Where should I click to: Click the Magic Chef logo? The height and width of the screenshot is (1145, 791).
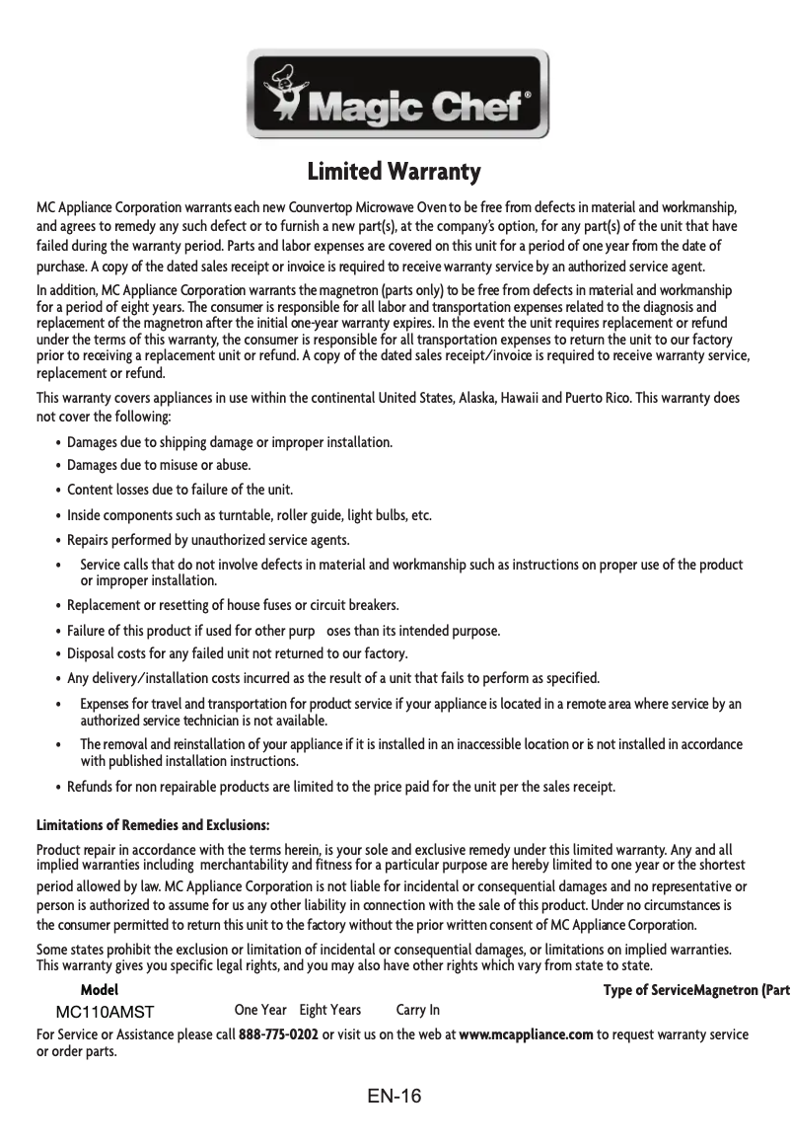pos(396,96)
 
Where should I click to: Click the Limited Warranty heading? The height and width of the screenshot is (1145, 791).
pos(395,172)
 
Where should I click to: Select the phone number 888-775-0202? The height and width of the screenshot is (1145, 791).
pos(278,1034)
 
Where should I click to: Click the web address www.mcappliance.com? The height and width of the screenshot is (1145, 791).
pos(526,1034)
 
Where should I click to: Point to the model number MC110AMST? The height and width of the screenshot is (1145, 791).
pos(105,1012)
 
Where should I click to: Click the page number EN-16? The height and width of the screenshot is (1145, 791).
pos(395,1096)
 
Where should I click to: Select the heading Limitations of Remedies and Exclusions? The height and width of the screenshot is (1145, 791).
pos(153,824)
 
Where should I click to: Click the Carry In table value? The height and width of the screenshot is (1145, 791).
pos(417,1010)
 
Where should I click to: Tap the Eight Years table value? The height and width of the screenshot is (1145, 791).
pos(329,1010)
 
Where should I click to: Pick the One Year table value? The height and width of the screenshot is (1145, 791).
pos(260,1010)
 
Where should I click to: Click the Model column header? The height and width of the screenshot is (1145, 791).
pos(99,989)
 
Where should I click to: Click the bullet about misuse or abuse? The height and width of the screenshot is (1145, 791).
pos(158,465)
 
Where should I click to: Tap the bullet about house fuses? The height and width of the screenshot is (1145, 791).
pos(232,605)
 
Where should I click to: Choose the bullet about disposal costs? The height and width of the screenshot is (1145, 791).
pos(237,653)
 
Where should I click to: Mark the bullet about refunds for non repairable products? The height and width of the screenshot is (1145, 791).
pos(340,787)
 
